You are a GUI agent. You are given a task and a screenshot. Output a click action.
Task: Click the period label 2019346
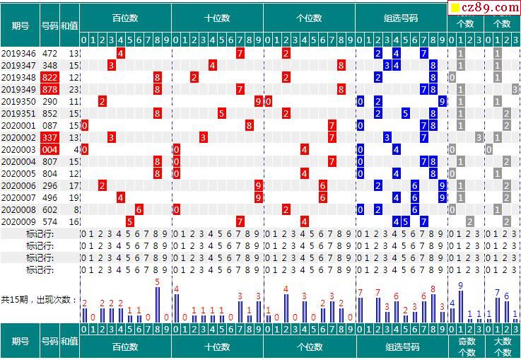[x=19, y=53]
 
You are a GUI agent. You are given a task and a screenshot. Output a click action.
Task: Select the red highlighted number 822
[x=49, y=77]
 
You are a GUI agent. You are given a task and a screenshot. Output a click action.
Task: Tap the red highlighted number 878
[x=49, y=89]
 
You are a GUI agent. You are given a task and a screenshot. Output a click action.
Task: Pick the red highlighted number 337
[x=49, y=137]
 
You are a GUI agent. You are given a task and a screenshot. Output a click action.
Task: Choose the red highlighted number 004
[x=49, y=149]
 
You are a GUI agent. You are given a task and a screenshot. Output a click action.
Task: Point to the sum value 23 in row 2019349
[x=74, y=89]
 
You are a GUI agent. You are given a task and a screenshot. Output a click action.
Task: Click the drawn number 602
[x=49, y=209]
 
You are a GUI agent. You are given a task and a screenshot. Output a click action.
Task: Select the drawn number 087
[x=49, y=125]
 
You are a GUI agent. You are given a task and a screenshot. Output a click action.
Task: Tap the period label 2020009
[x=19, y=221]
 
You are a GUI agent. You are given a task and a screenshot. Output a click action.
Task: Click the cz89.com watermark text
[x=488, y=6]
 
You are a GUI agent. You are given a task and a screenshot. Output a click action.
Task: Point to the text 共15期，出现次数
[x=38, y=299]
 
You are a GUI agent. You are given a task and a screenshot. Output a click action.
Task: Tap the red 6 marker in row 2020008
[x=139, y=209]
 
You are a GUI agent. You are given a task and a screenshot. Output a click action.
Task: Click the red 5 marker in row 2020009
[x=130, y=221]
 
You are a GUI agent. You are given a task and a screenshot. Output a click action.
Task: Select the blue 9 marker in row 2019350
[x=442, y=101]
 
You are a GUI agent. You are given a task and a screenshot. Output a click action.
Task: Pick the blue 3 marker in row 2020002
[x=387, y=137]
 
